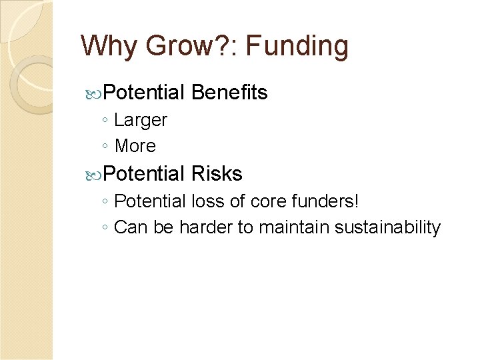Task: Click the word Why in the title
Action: pos(105,47)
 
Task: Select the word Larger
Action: pos(141,121)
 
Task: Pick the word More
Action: pos(135,146)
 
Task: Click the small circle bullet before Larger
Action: pos(107,121)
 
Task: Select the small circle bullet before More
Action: pos(107,147)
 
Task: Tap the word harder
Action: pos(207,227)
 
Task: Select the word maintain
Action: pos(294,227)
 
